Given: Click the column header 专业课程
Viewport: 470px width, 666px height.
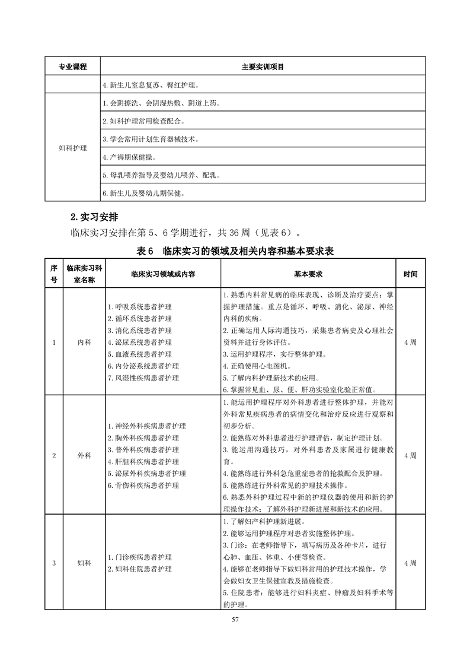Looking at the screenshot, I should (72, 66).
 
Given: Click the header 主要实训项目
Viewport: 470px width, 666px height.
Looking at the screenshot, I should (263, 66).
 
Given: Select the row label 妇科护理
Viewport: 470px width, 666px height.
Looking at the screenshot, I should (72, 147).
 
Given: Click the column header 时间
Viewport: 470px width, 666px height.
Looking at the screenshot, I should (410, 275).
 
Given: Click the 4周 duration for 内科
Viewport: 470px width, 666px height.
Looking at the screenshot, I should (410, 342).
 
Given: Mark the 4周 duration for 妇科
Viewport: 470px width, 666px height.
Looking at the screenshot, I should (410, 563).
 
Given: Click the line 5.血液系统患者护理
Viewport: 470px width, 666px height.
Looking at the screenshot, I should (140, 354).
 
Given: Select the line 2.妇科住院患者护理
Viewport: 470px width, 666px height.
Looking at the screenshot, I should (140, 569).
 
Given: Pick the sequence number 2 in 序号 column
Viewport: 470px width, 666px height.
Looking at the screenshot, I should (54, 455).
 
